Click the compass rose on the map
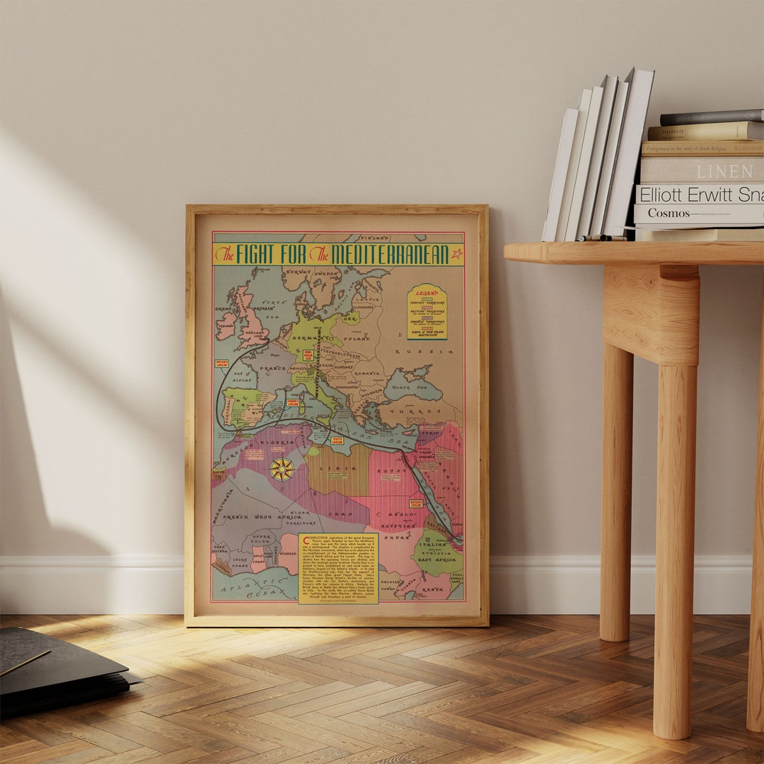click(282, 469)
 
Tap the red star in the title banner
click(456, 253)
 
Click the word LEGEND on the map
click(427, 292)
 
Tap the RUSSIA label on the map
click(429, 351)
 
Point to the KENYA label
click(433, 588)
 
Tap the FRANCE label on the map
click(272, 369)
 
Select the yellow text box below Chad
click(338, 568)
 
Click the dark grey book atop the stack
click(711, 117)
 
